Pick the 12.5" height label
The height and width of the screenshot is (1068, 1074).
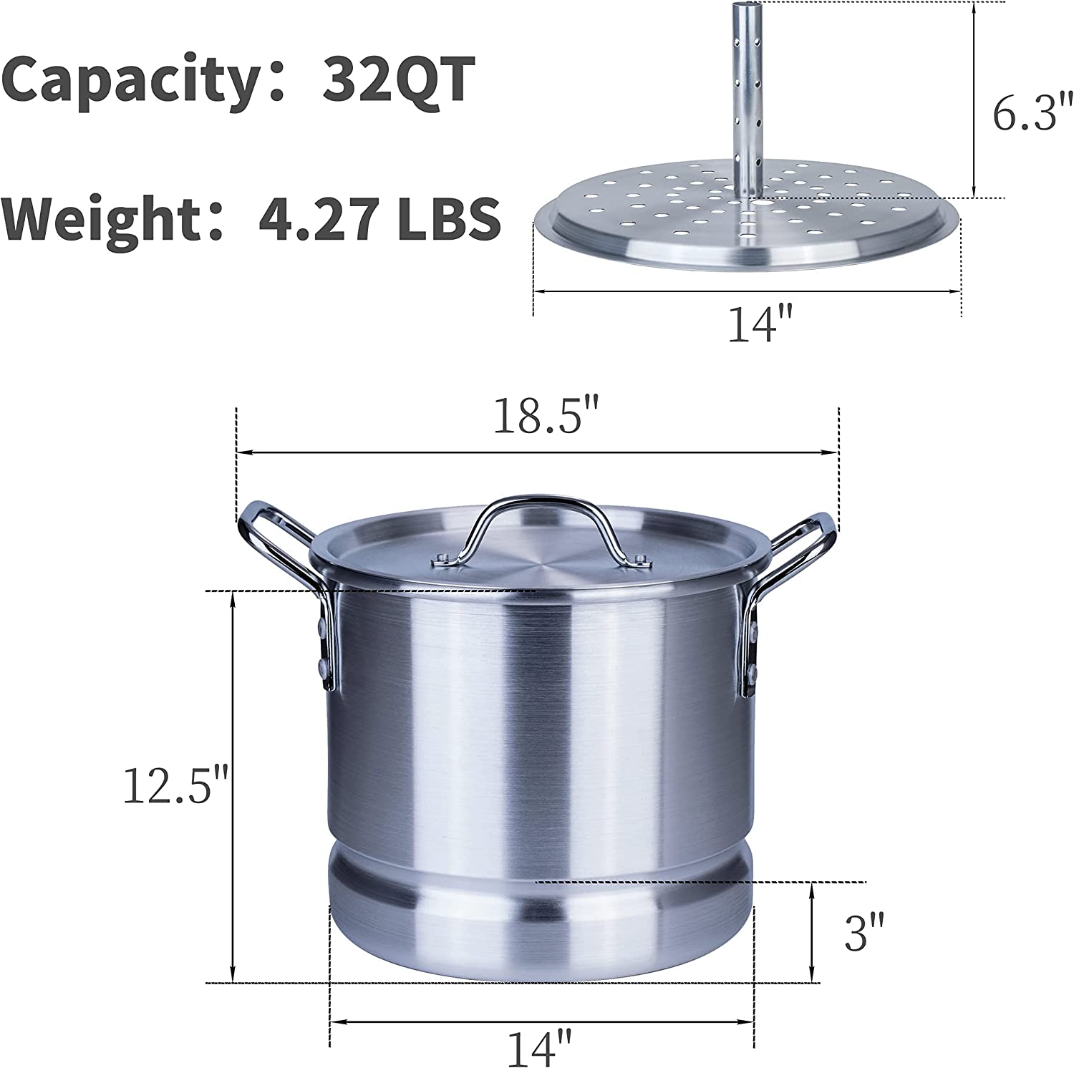click(175, 785)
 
